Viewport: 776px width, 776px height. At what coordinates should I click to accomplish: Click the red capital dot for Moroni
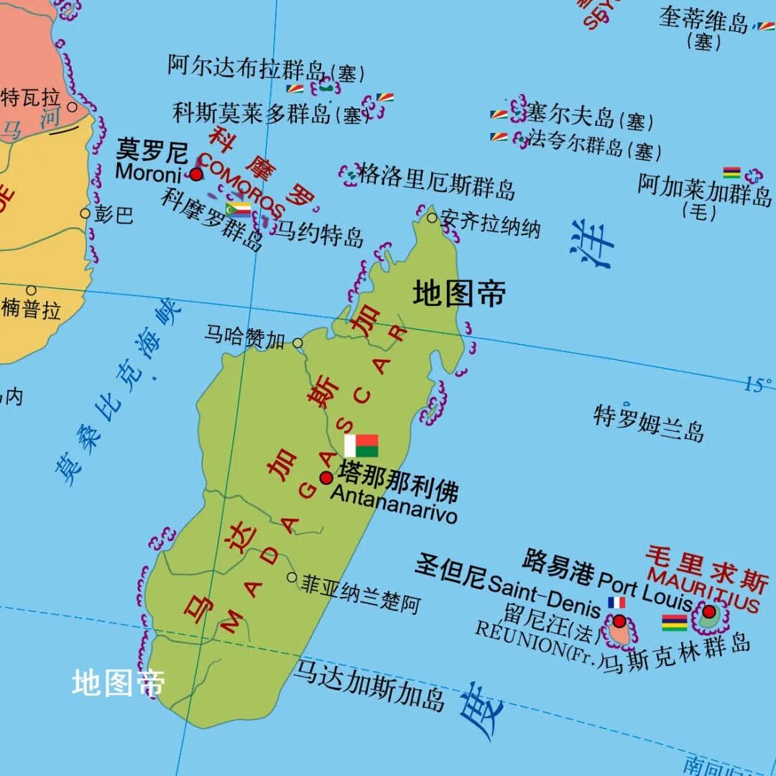point(196,175)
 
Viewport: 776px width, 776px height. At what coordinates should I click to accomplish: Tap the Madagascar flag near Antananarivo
point(361,445)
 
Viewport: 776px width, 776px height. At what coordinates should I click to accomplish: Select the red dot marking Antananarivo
point(326,478)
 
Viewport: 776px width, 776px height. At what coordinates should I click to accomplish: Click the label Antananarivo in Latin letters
point(393,505)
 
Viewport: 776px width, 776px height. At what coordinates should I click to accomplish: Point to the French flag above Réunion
point(616,603)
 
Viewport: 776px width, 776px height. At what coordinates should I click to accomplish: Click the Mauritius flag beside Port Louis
point(674,622)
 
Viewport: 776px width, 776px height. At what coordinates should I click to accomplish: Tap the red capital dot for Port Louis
point(709,612)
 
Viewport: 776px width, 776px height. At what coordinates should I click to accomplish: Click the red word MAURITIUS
point(703,589)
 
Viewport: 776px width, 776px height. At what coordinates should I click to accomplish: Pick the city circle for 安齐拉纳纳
point(432,218)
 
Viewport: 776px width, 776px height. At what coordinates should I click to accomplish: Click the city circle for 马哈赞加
point(297,343)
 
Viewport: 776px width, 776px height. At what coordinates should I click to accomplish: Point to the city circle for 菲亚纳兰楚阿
point(292,577)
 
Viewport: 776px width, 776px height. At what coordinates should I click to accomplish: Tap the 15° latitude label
point(758,385)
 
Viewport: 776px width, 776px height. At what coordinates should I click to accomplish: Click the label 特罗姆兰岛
point(648,422)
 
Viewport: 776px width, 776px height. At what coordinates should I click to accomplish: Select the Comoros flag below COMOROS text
point(238,209)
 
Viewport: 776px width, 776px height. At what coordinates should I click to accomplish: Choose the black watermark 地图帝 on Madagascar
point(459,294)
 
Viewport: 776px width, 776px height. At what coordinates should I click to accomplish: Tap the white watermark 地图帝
point(119,683)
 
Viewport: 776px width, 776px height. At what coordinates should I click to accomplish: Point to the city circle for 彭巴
point(86,213)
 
